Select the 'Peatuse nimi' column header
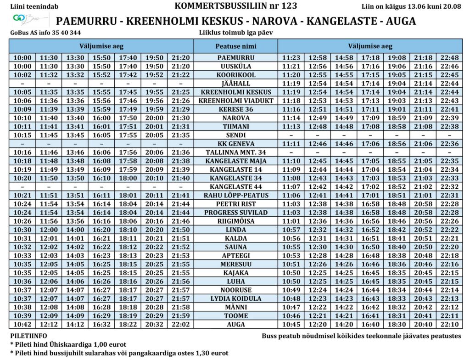tap(236, 46)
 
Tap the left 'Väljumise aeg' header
tap(101, 46)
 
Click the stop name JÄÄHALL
tap(236, 84)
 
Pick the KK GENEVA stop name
tap(236, 144)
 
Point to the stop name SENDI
tap(236, 135)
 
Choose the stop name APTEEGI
tap(236, 255)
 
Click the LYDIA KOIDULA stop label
tap(236, 298)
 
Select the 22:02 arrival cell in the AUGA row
tap(180, 324)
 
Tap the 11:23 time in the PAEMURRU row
tap(291, 58)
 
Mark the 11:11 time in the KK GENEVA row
tap(291, 144)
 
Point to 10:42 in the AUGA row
tap(22, 324)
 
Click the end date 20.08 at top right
tap(452, 6)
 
